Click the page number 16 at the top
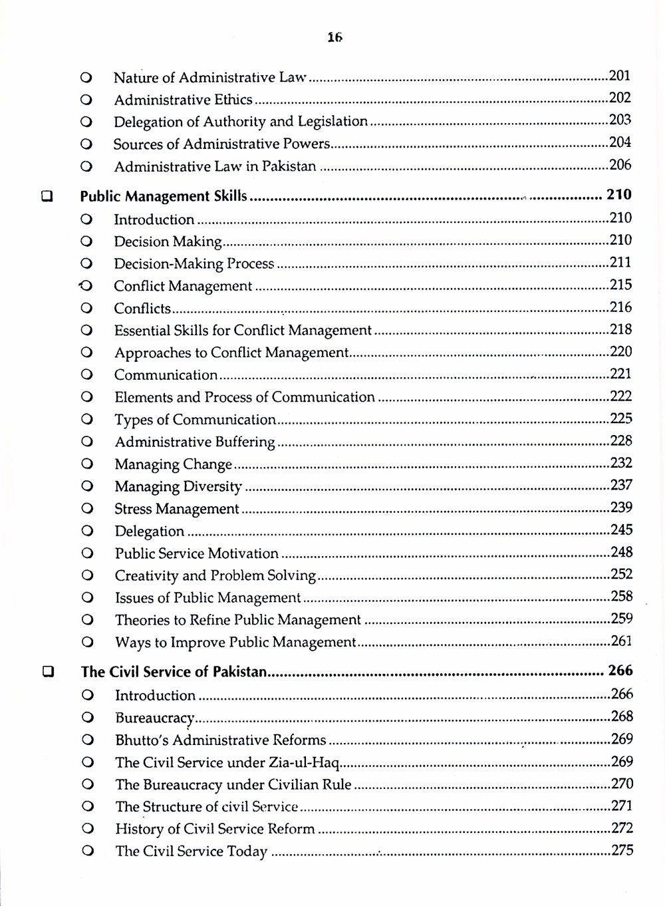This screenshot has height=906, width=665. [334, 38]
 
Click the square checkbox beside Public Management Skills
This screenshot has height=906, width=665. [47, 196]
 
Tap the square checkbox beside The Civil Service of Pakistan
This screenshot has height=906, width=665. [48, 672]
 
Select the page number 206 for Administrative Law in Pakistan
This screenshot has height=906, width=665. [620, 165]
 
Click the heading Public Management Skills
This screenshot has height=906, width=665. [164, 196]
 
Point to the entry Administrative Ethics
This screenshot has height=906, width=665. [183, 100]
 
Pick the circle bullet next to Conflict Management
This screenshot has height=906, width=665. [86, 286]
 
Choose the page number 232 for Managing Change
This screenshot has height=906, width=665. [621, 463]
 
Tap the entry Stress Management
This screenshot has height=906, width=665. [177, 509]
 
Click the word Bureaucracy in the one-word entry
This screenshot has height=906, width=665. [154, 718]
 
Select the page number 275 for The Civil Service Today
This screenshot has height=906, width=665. [622, 850]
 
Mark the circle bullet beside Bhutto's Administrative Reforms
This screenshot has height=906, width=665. [86, 740]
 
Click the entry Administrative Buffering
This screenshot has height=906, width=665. [195, 442]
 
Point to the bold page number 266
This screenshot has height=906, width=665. [620, 671]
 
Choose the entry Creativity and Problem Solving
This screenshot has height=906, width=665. [215, 575]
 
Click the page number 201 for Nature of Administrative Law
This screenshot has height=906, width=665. [619, 76]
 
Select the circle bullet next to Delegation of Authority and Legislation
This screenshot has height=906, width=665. [85, 122]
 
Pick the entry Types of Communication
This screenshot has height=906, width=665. [195, 420]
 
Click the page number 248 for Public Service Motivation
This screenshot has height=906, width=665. [621, 552]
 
